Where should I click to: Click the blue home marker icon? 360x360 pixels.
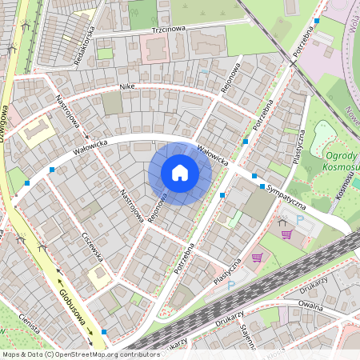coord(180,173)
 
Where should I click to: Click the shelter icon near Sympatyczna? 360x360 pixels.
coord(284,225)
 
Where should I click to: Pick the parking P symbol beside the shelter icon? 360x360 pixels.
coord(301,220)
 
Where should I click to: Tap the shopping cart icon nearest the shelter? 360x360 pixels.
coord(286,234)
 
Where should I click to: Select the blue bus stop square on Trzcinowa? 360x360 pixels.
coord(317,21)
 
